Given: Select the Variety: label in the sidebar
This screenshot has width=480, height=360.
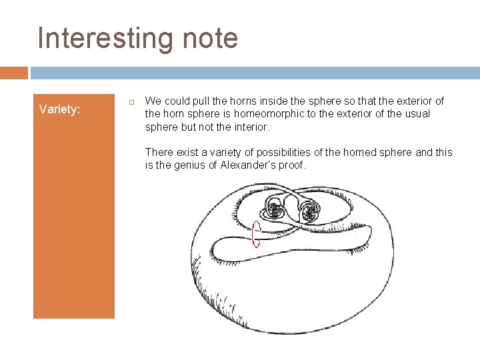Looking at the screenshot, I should coord(59,109).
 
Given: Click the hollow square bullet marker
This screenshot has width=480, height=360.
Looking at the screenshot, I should coord(131,101).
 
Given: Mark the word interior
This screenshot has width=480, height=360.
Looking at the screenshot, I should coord(250,127).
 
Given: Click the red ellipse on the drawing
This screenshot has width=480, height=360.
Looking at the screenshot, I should coord(256,234).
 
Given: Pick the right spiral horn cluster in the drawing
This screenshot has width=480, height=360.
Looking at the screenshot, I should coord(309,212).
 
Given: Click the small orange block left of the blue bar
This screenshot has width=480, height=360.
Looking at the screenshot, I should coord(14,73).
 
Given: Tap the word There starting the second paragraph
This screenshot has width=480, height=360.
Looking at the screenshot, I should coord(159,153).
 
